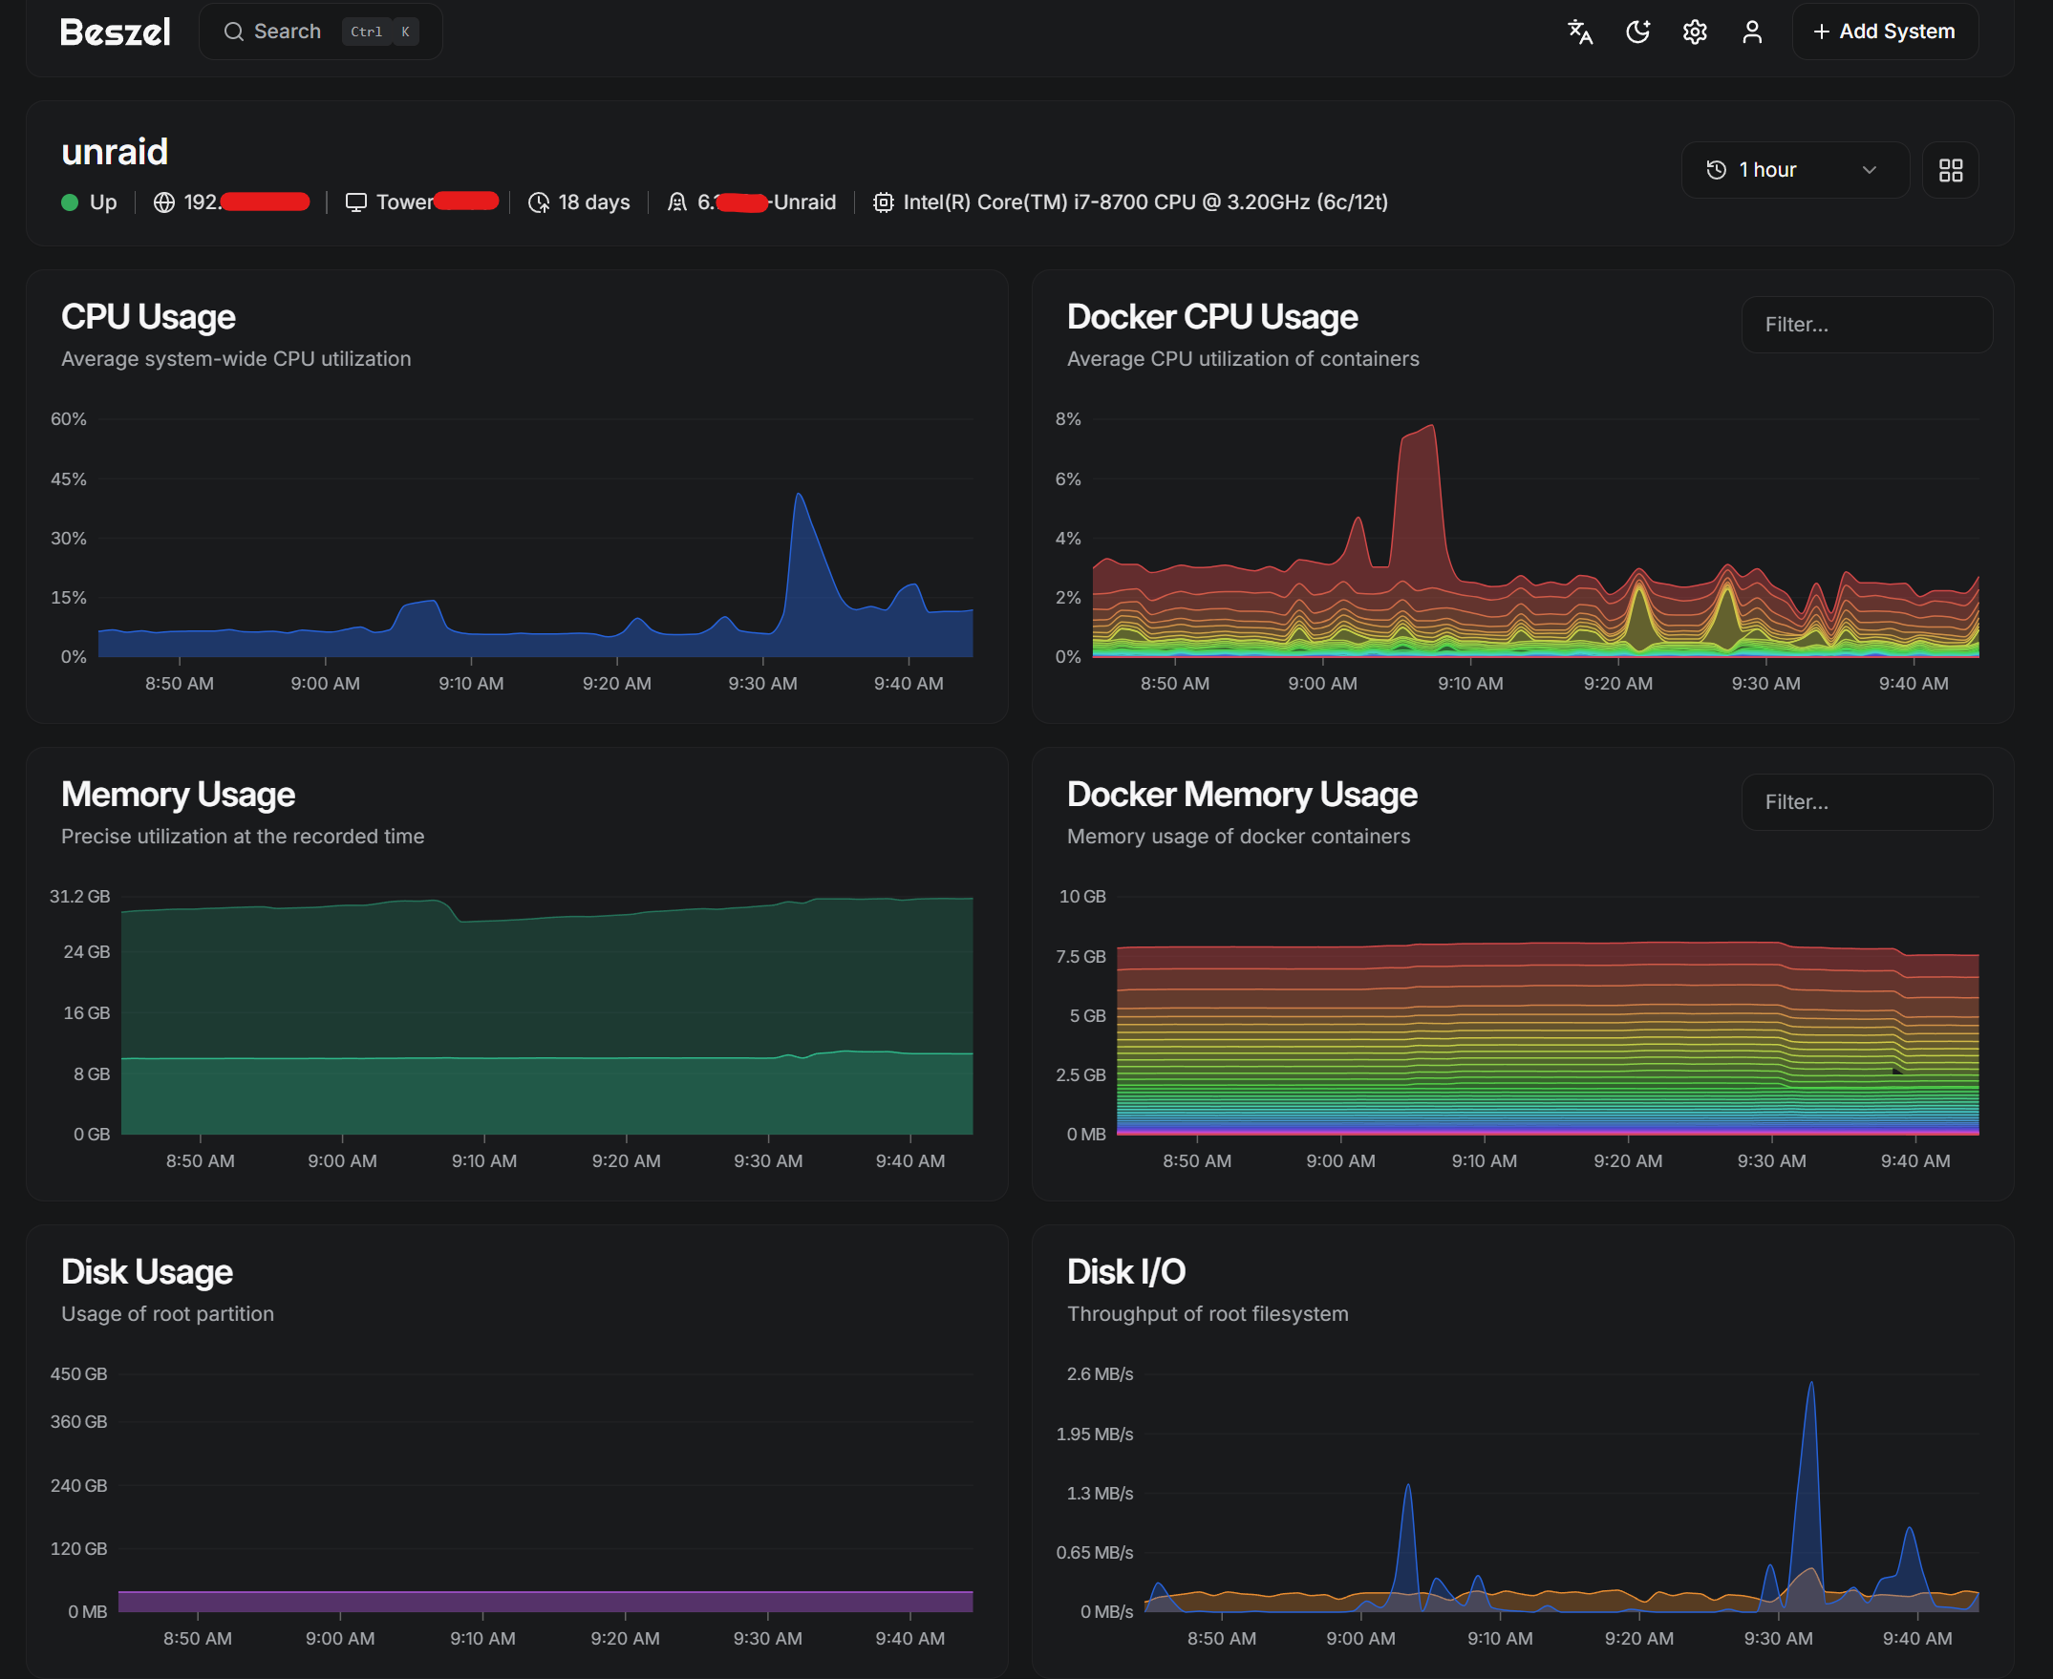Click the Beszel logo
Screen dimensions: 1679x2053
pos(116,32)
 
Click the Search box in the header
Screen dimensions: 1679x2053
pos(320,32)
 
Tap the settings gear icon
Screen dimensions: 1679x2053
pos(1694,32)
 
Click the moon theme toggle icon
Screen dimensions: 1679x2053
pos(1637,32)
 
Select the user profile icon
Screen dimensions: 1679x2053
pos(1751,32)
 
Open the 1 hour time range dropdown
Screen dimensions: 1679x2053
pos(1794,170)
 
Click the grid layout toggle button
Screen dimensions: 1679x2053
pos(1950,170)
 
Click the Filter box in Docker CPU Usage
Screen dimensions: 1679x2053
pos(1866,325)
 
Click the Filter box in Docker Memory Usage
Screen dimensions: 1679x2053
pos(1866,802)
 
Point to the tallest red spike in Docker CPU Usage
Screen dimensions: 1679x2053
pos(1431,427)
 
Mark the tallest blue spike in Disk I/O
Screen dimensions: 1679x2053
pos(1810,1384)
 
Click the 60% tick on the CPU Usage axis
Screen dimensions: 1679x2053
pos(68,418)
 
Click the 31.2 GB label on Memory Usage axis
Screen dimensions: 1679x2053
pos(79,897)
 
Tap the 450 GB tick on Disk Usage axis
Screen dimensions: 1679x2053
pos(78,1373)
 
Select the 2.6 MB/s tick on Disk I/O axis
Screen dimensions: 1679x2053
pos(1099,1373)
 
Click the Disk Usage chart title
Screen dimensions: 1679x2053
pos(147,1272)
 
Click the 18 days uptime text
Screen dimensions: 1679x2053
pos(593,202)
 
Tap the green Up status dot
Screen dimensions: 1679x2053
pos(70,202)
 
